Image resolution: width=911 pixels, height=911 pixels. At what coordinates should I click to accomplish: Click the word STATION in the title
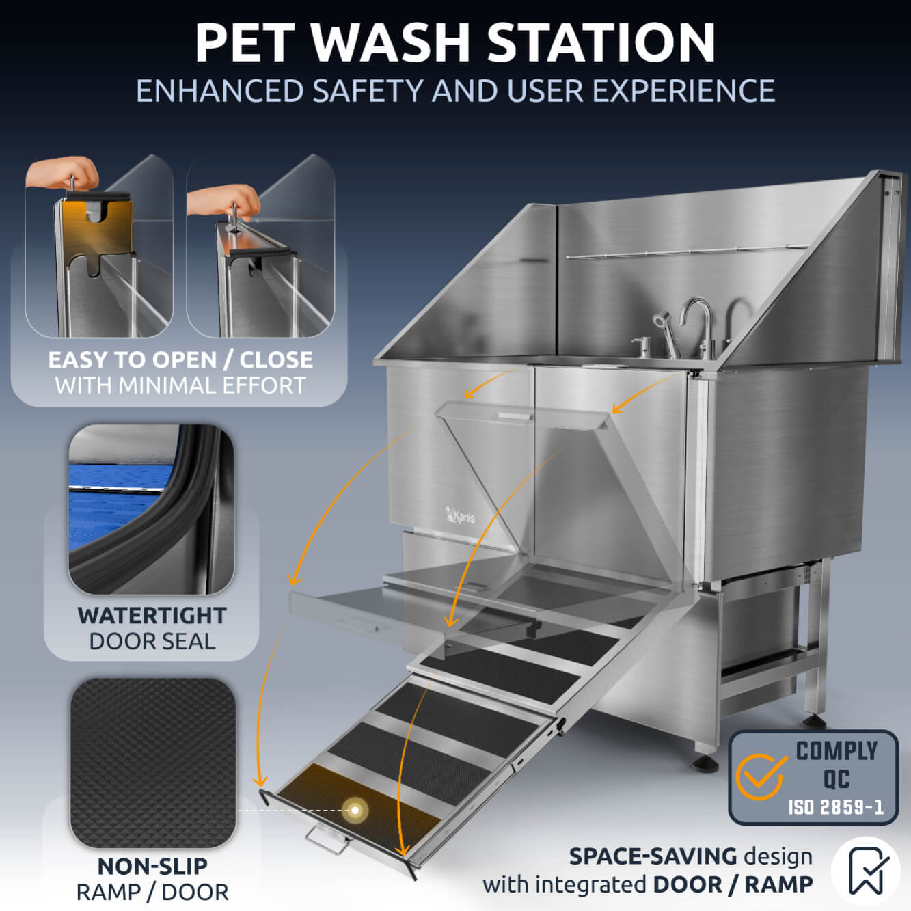click(x=601, y=42)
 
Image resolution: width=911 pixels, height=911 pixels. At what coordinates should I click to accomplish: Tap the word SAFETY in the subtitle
click(x=367, y=91)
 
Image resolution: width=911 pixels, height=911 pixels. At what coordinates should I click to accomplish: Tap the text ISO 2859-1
click(x=836, y=807)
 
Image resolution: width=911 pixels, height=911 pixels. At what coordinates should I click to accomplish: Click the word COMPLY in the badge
click(x=837, y=751)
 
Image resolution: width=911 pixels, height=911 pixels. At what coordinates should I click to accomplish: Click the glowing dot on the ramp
click(x=355, y=810)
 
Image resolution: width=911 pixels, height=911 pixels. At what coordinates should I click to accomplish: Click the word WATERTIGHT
click(x=152, y=615)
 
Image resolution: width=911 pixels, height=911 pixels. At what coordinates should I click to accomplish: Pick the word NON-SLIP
click(x=152, y=866)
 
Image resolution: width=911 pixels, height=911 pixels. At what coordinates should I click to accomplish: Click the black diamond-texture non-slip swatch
click(x=152, y=762)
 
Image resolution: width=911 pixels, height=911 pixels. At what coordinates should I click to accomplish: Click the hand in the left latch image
click(x=63, y=175)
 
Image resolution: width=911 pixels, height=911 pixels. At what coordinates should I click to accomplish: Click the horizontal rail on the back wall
click(x=683, y=252)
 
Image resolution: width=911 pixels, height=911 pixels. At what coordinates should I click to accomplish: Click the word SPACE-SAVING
click(x=653, y=856)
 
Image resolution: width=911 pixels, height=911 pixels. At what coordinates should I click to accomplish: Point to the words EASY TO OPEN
click(x=132, y=359)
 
